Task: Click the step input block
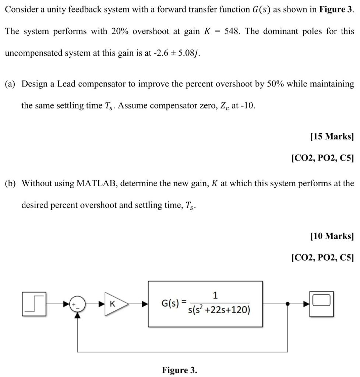pos(35,304)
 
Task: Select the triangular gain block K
pos(115,304)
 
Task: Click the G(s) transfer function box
pos(205,304)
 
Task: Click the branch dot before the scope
pos(287,304)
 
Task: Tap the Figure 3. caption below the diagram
pos(180,370)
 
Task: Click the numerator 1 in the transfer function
pos(215,295)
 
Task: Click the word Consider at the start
pos(20,9)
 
